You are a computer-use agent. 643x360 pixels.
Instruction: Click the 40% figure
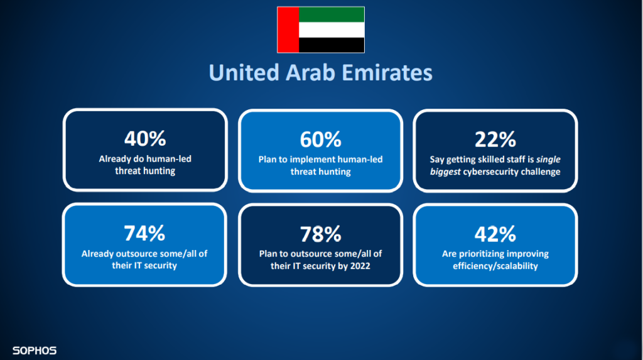click(145, 139)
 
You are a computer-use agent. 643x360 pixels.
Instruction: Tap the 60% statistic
click(320, 139)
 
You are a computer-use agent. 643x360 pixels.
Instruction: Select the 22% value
click(495, 139)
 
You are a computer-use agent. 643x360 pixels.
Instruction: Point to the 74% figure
click(144, 233)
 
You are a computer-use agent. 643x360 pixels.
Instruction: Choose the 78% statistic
click(320, 234)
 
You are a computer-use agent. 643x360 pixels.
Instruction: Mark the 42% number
click(495, 234)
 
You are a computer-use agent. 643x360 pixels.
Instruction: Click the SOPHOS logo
click(35, 351)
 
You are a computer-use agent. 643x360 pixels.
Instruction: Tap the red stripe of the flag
click(288, 30)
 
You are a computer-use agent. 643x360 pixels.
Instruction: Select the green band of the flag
click(332, 14)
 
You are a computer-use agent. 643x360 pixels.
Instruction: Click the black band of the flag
click(332, 45)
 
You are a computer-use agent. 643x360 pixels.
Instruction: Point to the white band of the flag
click(332, 30)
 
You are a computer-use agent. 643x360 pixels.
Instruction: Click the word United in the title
click(244, 73)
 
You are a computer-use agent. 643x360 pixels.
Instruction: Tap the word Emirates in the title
click(387, 73)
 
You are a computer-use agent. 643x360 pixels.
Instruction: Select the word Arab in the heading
click(310, 73)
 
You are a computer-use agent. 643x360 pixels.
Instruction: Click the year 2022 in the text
click(360, 266)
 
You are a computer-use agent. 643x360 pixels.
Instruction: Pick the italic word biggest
click(445, 172)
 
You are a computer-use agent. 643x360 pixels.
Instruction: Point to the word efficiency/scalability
click(495, 266)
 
